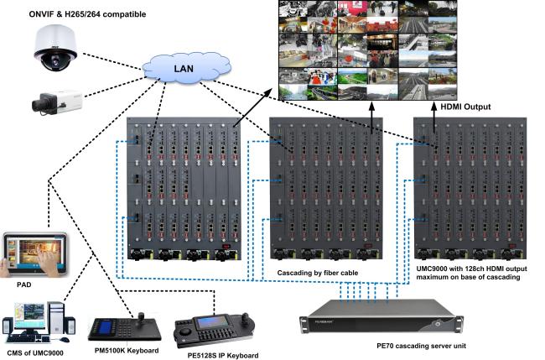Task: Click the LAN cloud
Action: click(x=186, y=68)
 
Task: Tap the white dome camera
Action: click(x=55, y=48)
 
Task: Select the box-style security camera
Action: click(x=57, y=102)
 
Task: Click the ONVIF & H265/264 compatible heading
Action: click(x=87, y=14)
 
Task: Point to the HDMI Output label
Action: click(x=465, y=107)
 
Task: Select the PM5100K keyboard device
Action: click(x=125, y=328)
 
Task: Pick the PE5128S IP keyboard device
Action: click(x=214, y=330)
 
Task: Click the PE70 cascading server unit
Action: click(x=381, y=317)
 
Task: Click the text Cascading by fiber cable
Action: click(x=317, y=273)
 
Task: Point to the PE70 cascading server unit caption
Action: click(x=421, y=346)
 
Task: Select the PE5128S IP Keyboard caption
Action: click(x=223, y=356)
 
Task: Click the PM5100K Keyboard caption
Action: click(x=127, y=351)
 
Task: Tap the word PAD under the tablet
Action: click(x=24, y=284)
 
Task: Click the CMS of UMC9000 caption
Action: click(x=35, y=353)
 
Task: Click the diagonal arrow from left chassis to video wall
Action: click(x=252, y=107)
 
